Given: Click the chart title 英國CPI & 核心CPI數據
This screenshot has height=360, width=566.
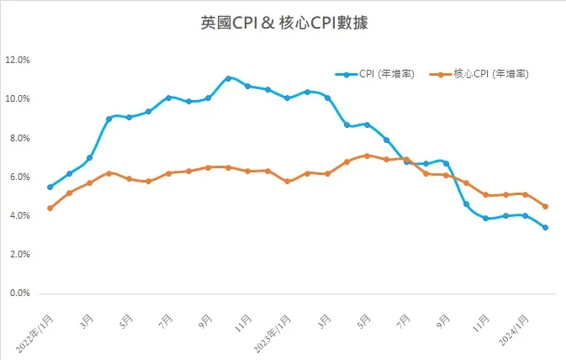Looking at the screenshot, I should coord(283,24).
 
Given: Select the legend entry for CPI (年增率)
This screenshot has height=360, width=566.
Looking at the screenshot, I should coord(378,74).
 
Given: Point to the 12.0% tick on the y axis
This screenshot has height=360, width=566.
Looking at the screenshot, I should coord(18,61).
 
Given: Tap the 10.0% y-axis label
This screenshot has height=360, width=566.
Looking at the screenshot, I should coord(18,99).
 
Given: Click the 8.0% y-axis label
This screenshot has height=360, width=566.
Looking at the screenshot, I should coord(18,138).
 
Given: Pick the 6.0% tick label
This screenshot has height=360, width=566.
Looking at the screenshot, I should coord(18,177).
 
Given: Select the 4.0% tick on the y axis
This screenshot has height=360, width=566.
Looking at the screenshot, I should coord(18,216).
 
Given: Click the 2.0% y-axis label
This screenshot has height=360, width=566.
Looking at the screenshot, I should coord(18,255).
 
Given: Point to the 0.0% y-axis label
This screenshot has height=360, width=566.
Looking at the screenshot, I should coord(18,294).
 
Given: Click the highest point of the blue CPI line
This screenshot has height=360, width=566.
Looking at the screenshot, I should coord(228,78).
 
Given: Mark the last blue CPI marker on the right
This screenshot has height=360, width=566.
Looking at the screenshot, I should coord(546,227).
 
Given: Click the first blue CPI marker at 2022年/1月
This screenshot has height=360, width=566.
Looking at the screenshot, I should coord(50,187).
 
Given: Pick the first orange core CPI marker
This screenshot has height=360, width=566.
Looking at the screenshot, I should coord(50,208).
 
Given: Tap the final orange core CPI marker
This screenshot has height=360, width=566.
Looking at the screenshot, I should coord(546,206).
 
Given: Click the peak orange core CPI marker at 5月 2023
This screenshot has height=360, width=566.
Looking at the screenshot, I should coord(367,156).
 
